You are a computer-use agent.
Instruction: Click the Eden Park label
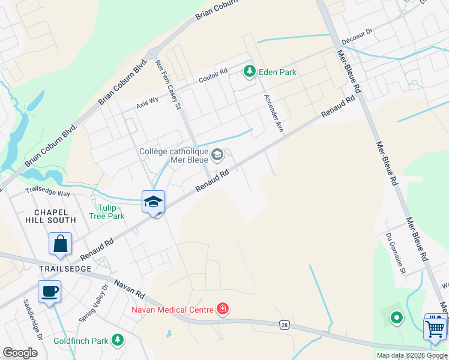coord(277,72)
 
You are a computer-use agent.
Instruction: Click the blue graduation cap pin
coord(154,202)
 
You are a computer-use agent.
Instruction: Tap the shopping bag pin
coord(61,244)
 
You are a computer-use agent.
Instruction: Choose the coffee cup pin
coord(50,292)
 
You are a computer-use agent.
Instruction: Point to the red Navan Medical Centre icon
coord(223,310)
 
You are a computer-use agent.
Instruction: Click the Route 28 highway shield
coord(283,325)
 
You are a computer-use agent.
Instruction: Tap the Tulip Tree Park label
coord(106,212)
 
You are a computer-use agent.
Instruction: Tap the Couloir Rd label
coord(213,77)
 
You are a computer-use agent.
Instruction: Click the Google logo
coord(20,353)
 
